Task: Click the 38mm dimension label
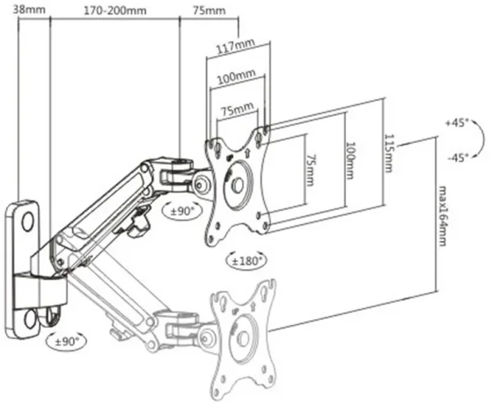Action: click(x=19, y=11)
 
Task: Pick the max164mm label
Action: click(x=444, y=215)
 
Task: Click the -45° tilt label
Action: click(x=456, y=157)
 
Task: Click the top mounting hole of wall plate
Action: click(x=25, y=221)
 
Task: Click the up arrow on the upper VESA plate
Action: click(x=247, y=151)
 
